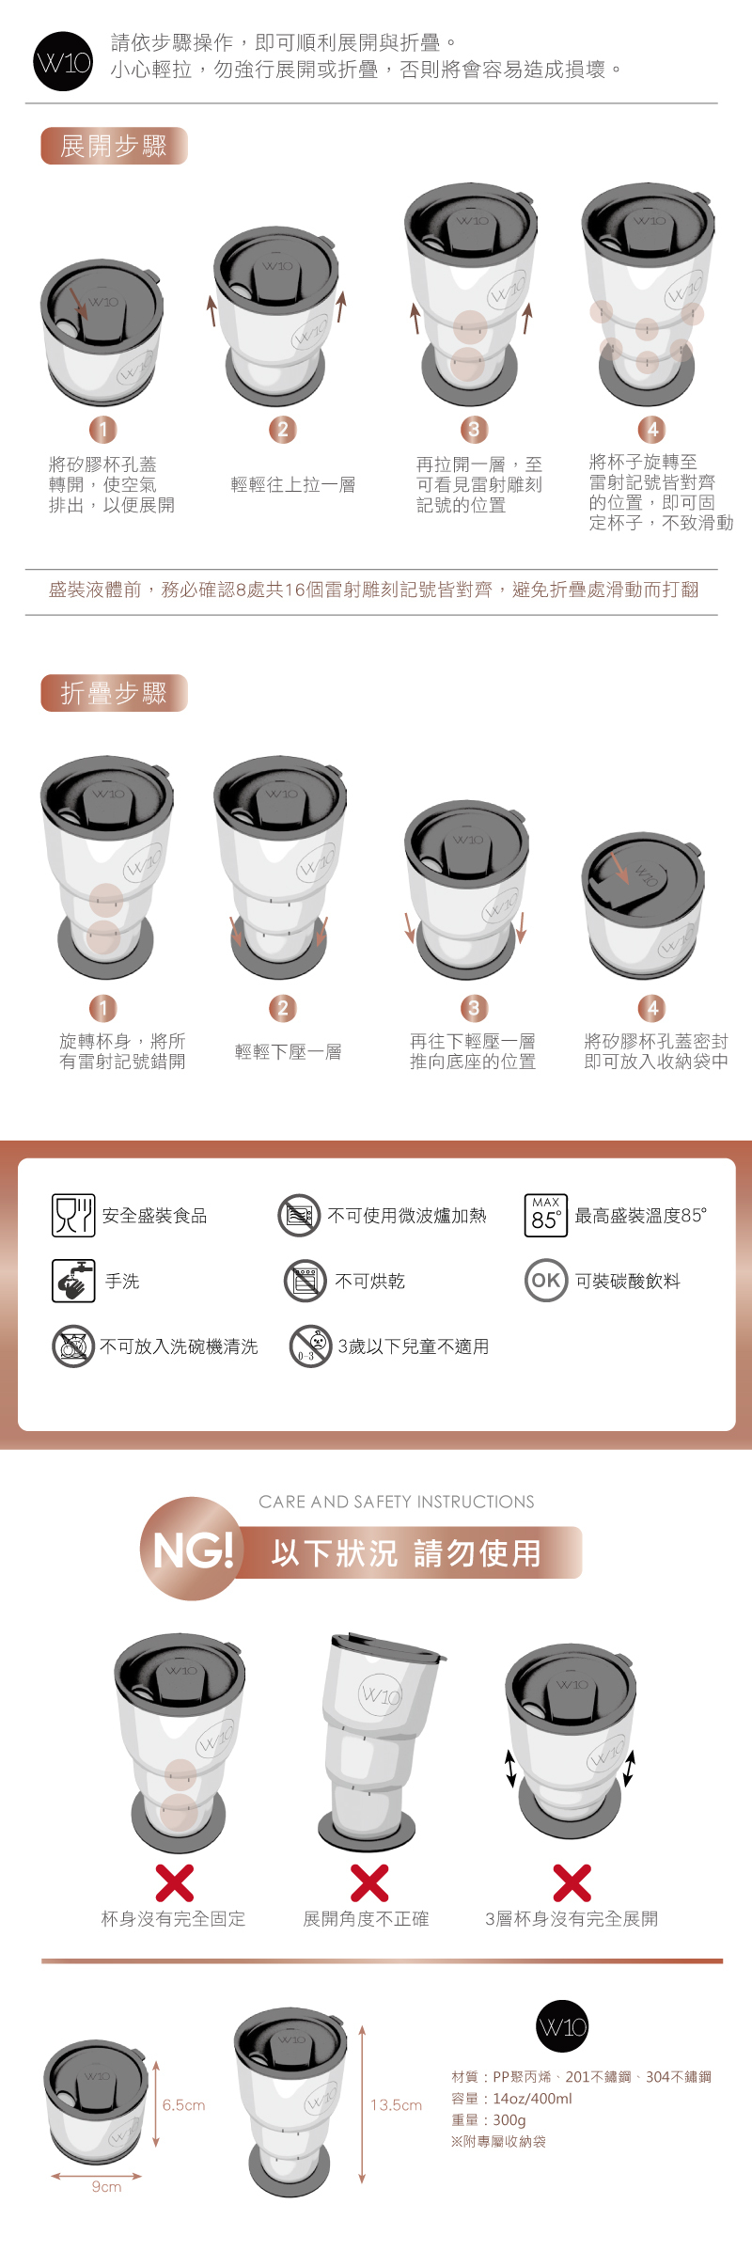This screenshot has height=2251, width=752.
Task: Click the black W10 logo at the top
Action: point(63,62)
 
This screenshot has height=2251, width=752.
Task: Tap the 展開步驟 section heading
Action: point(114,146)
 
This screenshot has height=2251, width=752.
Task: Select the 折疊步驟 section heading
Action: point(114,693)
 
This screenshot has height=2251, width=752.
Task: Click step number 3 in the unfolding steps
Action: point(474,430)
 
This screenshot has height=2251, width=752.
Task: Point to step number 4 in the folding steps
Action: point(653,1009)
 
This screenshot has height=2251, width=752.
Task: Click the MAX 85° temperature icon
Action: point(545,1215)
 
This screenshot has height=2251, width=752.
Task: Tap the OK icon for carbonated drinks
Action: point(546,1280)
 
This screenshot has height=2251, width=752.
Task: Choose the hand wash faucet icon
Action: point(73,1281)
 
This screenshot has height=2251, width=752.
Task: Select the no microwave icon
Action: point(300,1215)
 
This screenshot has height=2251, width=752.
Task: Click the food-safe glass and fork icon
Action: point(73,1215)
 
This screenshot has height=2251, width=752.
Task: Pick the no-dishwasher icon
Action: point(73,1346)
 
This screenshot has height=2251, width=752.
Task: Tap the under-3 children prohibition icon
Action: point(311,1346)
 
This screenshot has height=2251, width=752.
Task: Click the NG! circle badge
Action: point(192,1549)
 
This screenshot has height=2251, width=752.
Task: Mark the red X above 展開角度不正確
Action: point(369,1882)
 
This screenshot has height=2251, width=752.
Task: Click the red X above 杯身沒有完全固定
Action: point(175,1882)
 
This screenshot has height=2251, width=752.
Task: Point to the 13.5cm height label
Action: point(397,2104)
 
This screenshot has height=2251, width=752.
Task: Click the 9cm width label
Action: point(106,2186)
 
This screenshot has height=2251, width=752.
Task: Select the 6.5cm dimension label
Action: point(183,2104)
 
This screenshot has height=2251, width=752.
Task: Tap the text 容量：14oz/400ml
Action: point(511,2098)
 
